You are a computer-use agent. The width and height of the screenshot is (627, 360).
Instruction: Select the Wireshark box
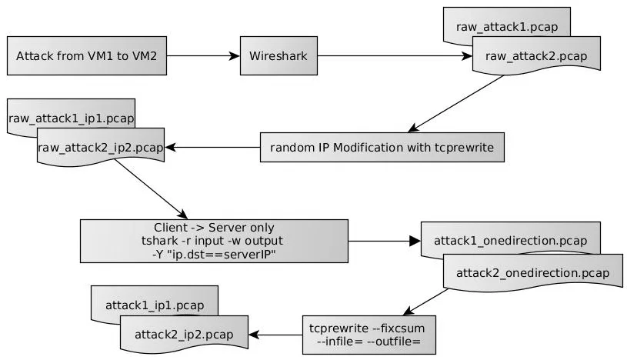coord(278,55)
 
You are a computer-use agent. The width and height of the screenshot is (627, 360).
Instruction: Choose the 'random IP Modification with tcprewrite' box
coord(382,146)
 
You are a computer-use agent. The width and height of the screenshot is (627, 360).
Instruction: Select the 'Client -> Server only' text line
coord(215,228)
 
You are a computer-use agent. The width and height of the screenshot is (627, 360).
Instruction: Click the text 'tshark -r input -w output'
coord(215,241)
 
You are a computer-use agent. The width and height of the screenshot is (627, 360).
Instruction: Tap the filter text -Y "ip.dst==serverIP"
coord(215,254)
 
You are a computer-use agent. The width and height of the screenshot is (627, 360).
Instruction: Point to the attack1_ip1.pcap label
coord(154,305)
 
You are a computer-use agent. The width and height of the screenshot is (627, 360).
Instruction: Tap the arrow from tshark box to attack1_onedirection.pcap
coord(385,242)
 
